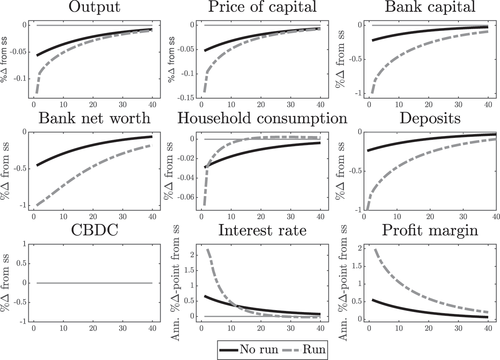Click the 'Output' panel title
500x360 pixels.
click(94, 7)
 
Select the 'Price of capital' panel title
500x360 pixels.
click(262, 7)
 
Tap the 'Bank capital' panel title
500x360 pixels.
click(430, 7)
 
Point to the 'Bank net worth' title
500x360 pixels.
click(94, 118)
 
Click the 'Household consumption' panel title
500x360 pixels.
click(262, 118)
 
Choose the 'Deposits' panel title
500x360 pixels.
click(430, 118)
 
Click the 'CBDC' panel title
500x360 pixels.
click(94, 230)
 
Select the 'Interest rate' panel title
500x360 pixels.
click(262, 230)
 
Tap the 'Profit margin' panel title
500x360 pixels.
click(430, 230)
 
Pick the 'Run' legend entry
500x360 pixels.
click(314, 349)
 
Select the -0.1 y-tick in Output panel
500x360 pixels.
click(20, 79)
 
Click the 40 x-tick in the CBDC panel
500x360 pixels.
click(152, 328)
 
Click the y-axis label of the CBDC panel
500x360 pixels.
click(6, 283)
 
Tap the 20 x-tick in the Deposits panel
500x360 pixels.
click(430, 217)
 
